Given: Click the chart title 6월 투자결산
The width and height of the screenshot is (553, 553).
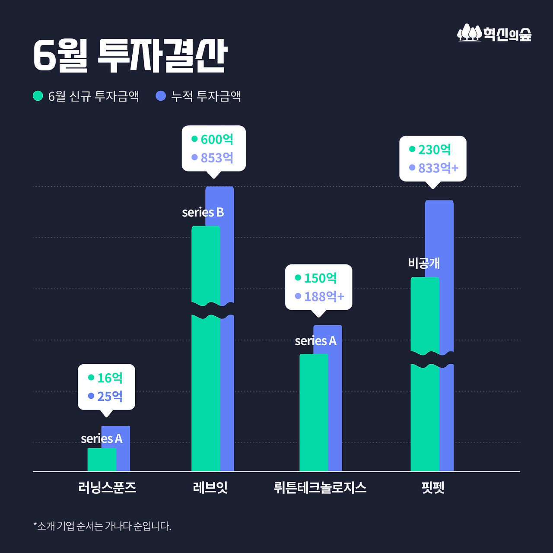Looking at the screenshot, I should [130, 56].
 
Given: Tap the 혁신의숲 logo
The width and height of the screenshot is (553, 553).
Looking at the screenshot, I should [494, 33].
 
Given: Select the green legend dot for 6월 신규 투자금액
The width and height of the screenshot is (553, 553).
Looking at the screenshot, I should [38, 95].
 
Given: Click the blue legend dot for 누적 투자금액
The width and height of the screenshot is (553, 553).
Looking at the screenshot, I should [161, 95].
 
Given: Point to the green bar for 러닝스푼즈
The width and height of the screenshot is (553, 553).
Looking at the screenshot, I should [102, 460].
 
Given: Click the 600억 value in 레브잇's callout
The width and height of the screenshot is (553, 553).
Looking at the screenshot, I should [217, 140].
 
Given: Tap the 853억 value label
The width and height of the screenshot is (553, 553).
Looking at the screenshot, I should [217, 158].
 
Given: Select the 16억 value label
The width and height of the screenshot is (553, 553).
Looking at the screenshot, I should [110, 378].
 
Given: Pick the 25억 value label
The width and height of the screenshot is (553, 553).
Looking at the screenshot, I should [110, 396].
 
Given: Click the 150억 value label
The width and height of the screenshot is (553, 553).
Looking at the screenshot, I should [320, 278].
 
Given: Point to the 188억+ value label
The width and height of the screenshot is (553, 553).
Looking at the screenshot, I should [324, 297].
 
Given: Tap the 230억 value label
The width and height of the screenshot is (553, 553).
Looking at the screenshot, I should [434, 149].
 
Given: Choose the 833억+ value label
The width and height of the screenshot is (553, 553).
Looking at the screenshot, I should [438, 168].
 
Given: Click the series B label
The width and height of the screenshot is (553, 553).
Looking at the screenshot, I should [203, 213].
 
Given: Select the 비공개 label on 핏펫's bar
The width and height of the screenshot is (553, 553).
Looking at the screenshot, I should [424, 263].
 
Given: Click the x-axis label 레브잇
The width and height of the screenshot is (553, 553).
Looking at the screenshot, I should [210, 488].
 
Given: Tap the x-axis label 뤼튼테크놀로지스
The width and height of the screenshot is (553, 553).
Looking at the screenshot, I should [320, 488].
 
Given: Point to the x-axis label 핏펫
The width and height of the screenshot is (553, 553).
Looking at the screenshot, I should [432, 488].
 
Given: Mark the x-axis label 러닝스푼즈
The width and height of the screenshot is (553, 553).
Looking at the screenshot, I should [107, 488].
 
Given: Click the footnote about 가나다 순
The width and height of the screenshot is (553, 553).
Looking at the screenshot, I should [102, 526].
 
